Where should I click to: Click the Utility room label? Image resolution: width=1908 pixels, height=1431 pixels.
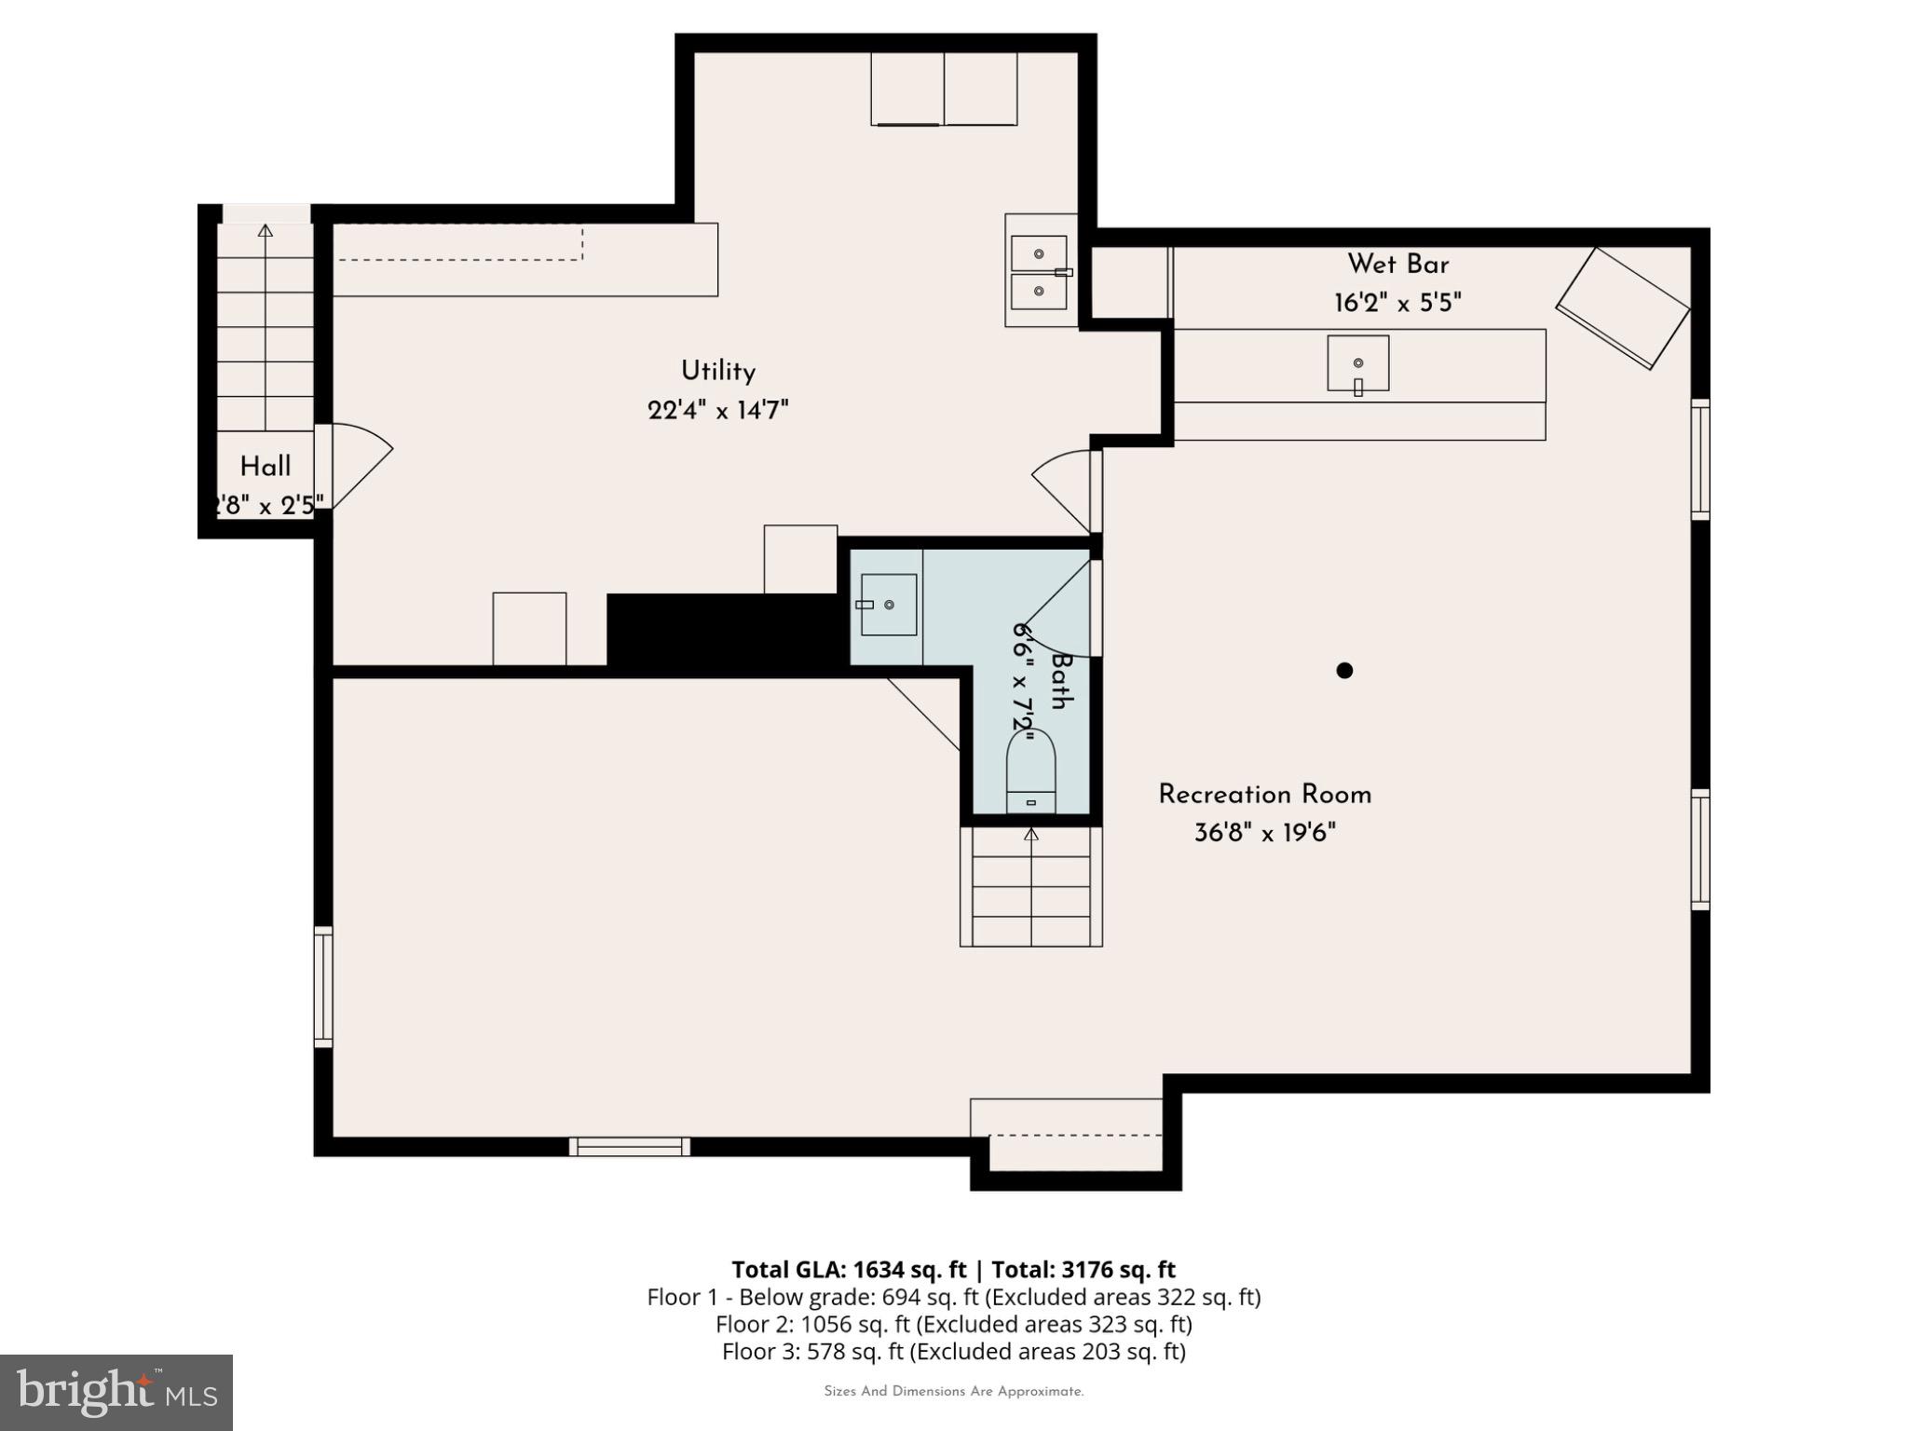click(717, 371)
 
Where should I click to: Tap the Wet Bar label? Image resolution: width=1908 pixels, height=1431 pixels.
click(1397, 265)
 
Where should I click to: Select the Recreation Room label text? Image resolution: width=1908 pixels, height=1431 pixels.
click(1264, 795)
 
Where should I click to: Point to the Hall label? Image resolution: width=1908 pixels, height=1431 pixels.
click(266, 467)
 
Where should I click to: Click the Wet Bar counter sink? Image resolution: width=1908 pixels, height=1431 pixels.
click(1357, 363)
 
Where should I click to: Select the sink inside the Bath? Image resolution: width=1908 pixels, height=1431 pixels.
click(888, 605)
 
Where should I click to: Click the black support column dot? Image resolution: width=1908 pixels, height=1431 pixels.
click(1344, 670)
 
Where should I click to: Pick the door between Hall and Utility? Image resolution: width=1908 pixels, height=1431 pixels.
click(354, 465)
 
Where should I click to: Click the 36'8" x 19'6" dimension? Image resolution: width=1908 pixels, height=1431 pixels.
click(1264, 833)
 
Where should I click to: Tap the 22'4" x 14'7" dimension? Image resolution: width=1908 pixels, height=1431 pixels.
click(717, 410)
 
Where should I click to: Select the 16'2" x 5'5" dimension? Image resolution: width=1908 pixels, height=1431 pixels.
click(1397, 303)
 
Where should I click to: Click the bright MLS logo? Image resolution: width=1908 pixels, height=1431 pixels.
click(116, 1392)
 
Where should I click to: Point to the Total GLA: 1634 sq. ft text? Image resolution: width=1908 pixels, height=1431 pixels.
click(849, 1270)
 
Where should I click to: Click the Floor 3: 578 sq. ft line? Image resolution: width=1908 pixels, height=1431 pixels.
click(953, 1351)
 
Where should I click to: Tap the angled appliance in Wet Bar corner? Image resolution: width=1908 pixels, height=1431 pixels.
click(1623, 307)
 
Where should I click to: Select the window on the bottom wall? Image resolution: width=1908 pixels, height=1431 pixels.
click(630, 1147)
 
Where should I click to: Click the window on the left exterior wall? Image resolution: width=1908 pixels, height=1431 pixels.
click(322, 987)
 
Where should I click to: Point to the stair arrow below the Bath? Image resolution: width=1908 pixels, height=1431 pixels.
click(1030, 836)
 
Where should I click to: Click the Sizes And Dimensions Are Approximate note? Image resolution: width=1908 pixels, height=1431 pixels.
click(953, 1392)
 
